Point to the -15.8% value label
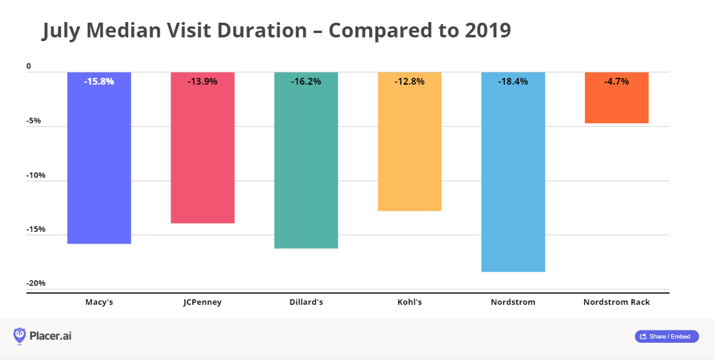point(99,81)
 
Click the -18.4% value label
point(513,81)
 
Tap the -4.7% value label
point(616,81)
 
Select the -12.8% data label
point(410,81)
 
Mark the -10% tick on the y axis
point(35,175)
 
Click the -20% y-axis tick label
point(35,283)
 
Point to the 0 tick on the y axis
point(28,66)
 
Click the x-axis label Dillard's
point(306,302)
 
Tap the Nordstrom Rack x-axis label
point(616,302)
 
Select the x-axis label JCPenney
point(202,302)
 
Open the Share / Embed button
point(667,336)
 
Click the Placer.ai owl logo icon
point(20,335)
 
